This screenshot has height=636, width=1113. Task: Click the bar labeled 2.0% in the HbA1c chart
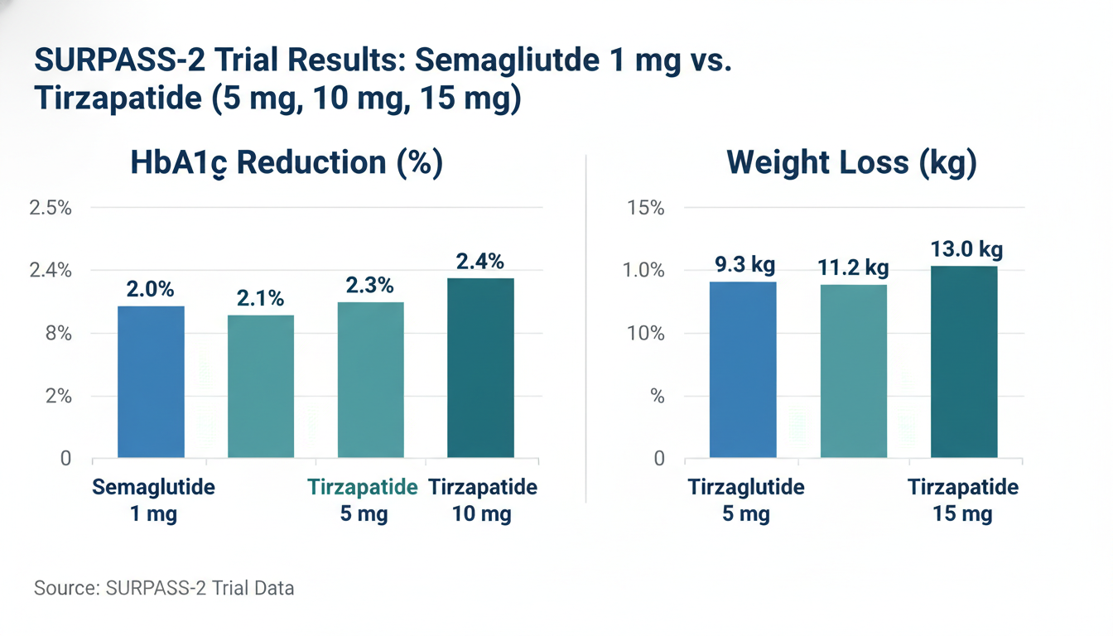click(x=151, y=382)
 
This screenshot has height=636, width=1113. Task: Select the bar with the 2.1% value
click(x=261, y=386)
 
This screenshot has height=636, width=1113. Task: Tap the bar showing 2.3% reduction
click(x=371, y=379)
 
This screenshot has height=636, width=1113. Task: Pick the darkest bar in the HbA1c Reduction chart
click(x=480, y=368)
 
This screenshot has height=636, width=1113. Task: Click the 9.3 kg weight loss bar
click(x=743, y=369)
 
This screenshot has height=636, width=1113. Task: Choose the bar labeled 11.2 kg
click(x=854, y=371)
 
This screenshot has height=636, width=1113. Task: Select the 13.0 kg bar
click(x=964, y=362)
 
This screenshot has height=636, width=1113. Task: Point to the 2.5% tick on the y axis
click(x=51, y=208)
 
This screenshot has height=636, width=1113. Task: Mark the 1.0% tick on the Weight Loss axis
click(x=644, y=271)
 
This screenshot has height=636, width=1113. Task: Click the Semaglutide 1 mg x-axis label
click(x=153, y=500)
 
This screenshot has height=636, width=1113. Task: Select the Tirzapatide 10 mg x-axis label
click(x=482, y=500)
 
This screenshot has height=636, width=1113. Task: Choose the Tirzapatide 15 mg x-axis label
click(x=963, y=500)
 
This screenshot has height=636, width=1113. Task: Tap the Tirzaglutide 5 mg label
click(x=746, y=500)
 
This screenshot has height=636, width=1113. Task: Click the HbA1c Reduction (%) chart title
click(x=287, y=162)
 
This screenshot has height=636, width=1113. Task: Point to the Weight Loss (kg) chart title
click(x=851, y=162)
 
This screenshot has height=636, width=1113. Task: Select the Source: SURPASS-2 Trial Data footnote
click(x=164, y=589)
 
